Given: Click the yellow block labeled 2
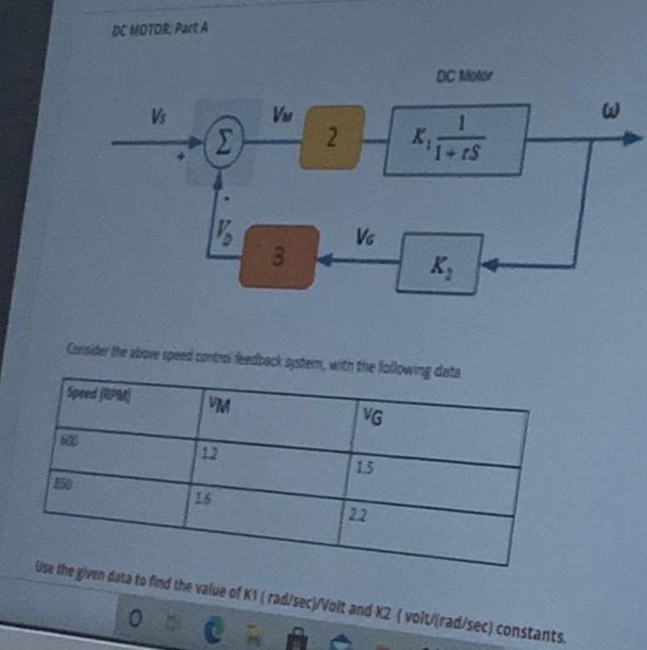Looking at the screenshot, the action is (332, 137).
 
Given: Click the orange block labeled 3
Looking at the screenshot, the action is (279, 256).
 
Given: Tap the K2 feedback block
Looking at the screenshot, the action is (438, 263).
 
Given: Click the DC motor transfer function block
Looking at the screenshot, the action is (456, 139).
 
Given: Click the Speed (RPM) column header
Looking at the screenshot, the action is (89, 393).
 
